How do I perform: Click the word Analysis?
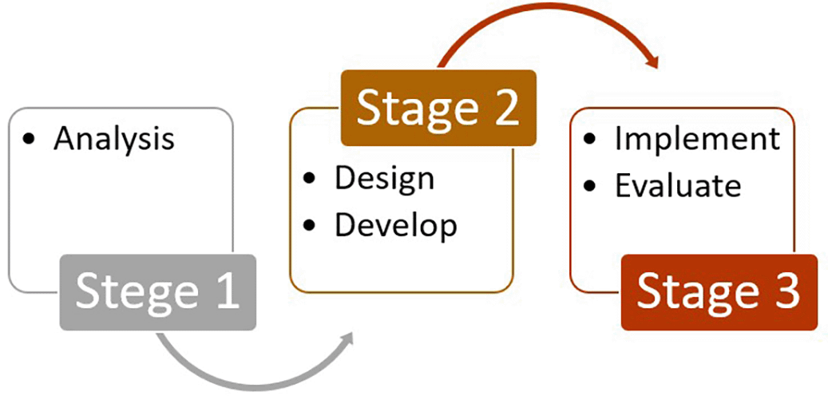[x=113, y=139]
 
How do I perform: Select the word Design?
[x=384, y=177]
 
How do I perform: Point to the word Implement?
[x=697, y=138]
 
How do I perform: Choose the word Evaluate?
[x=678, y=185]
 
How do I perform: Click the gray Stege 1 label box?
[x=158, y=292]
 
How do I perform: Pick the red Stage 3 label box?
[x=719, y=292]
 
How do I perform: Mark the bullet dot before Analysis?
[x=30, y=140]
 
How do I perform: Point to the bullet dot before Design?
[x=311, y=178]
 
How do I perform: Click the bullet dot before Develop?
[x=311, y=225]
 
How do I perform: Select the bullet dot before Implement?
[x=590, y=139]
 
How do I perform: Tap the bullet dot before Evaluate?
[x=590, y=186]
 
